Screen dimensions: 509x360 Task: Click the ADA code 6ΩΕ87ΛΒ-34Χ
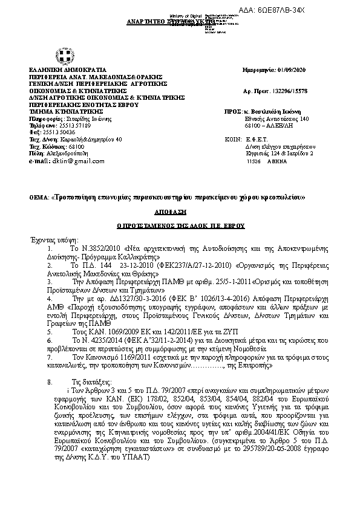(x=323, y=11)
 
